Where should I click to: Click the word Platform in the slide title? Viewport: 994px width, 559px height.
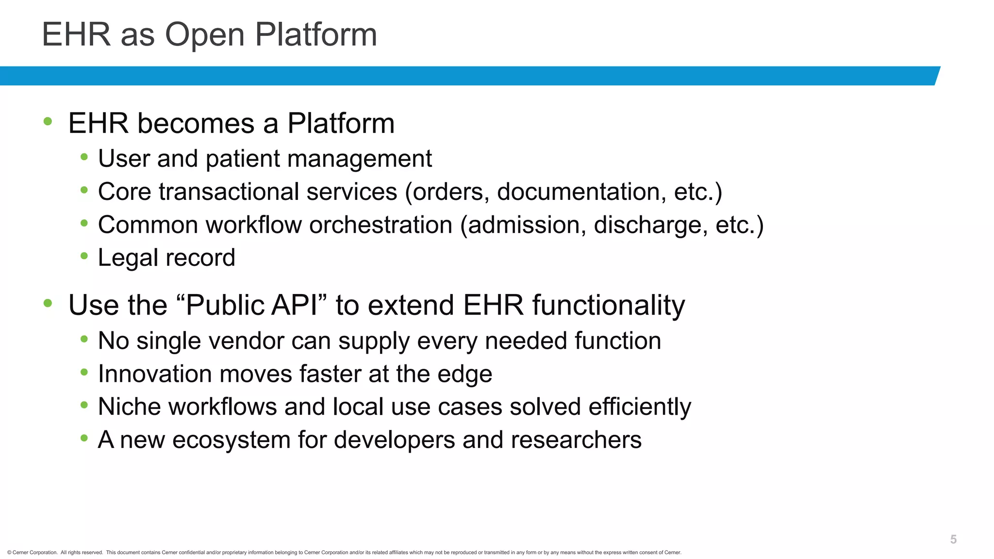pos(315,35)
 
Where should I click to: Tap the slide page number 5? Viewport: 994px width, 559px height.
pos(953,540)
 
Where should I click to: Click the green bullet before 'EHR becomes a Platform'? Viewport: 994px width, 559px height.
pos(48,121)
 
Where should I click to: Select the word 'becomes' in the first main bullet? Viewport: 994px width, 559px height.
pos(196,123)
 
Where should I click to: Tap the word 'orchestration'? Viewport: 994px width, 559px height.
pos(381,225)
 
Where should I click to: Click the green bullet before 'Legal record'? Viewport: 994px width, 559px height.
pos(84,256)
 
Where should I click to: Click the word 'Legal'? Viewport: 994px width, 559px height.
pos(126,258)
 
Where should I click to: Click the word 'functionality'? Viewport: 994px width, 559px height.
pos(608,306)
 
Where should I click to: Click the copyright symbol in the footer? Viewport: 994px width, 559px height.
pos(9,553)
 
